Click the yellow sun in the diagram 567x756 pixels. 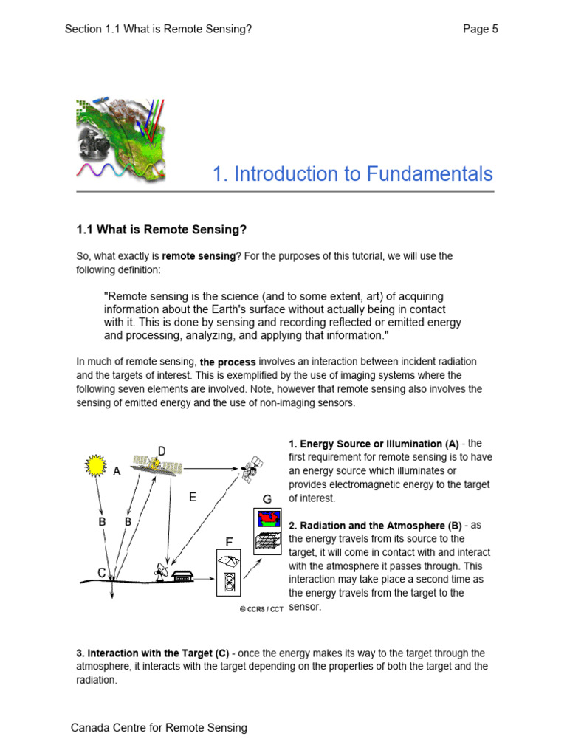coord(95,466)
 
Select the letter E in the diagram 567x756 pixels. coord(192,497)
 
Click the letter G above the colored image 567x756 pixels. coord(267,500)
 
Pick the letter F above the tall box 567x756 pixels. coord(229,541)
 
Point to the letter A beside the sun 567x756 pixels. coord(117,473)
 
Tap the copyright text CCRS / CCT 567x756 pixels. coord(261,610)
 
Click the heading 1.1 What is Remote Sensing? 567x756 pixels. coord(162,230)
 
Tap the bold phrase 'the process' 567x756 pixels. coord(228,362)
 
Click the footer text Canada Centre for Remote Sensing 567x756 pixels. coord(159,728)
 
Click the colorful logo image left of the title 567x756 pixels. coord(120,140)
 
